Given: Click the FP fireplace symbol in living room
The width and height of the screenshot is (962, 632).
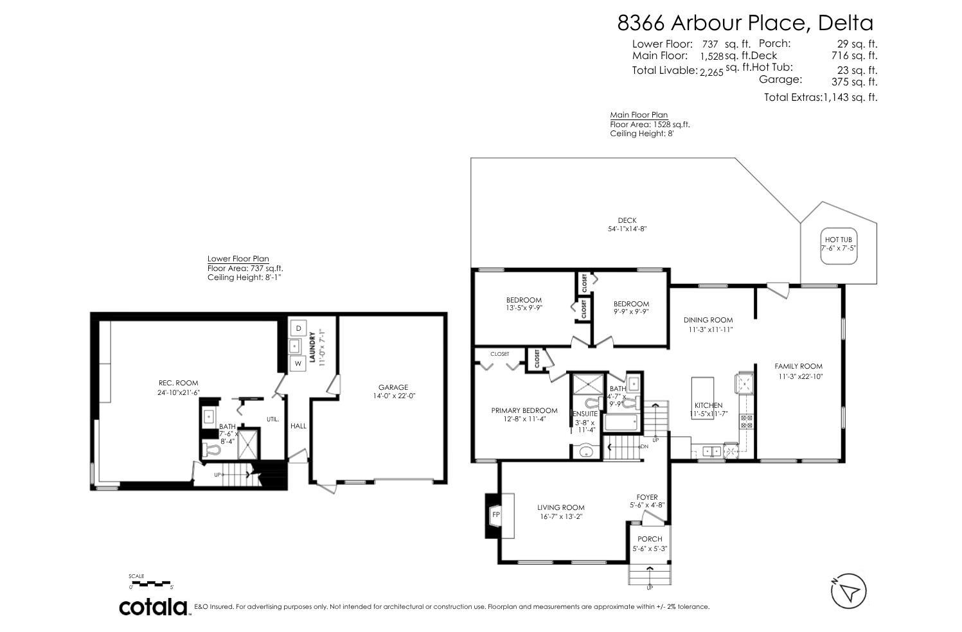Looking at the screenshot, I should tap(495, 515).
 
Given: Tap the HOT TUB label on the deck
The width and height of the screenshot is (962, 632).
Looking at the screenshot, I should tap(838, 240).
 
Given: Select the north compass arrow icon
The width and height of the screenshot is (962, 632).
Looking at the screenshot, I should tap(849, 590).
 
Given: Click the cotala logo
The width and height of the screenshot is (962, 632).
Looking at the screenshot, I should tap(154, 606).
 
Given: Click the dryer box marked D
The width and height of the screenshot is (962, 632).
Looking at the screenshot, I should tap(298, 328).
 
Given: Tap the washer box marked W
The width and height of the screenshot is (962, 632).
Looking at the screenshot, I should tap(298, 364).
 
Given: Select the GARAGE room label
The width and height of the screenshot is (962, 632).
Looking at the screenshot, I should tap(393, 387).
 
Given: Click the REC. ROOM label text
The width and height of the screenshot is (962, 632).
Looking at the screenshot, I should tap(179, 383).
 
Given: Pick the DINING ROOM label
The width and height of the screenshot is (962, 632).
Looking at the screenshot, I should tap(708, 320).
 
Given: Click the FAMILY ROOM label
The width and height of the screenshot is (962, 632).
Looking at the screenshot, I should tap(798, 367).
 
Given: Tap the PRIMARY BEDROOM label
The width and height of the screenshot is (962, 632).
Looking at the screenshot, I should tap(524, 410).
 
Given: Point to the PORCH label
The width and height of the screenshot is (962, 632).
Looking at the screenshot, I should tap(650, 539).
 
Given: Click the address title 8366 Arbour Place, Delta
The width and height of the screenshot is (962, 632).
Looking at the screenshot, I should tap(745, 23).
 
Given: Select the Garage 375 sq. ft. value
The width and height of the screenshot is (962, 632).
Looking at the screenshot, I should tap(854, 82).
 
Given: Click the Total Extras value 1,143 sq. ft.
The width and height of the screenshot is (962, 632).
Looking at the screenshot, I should tap(850, 98).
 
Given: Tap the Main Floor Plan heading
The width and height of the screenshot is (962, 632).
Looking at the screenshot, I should tap(629, 115).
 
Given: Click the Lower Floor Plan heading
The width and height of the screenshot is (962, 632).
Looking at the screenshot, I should tap(238, 259).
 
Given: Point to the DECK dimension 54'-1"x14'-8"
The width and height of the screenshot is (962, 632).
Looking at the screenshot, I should tap(627, 229).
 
